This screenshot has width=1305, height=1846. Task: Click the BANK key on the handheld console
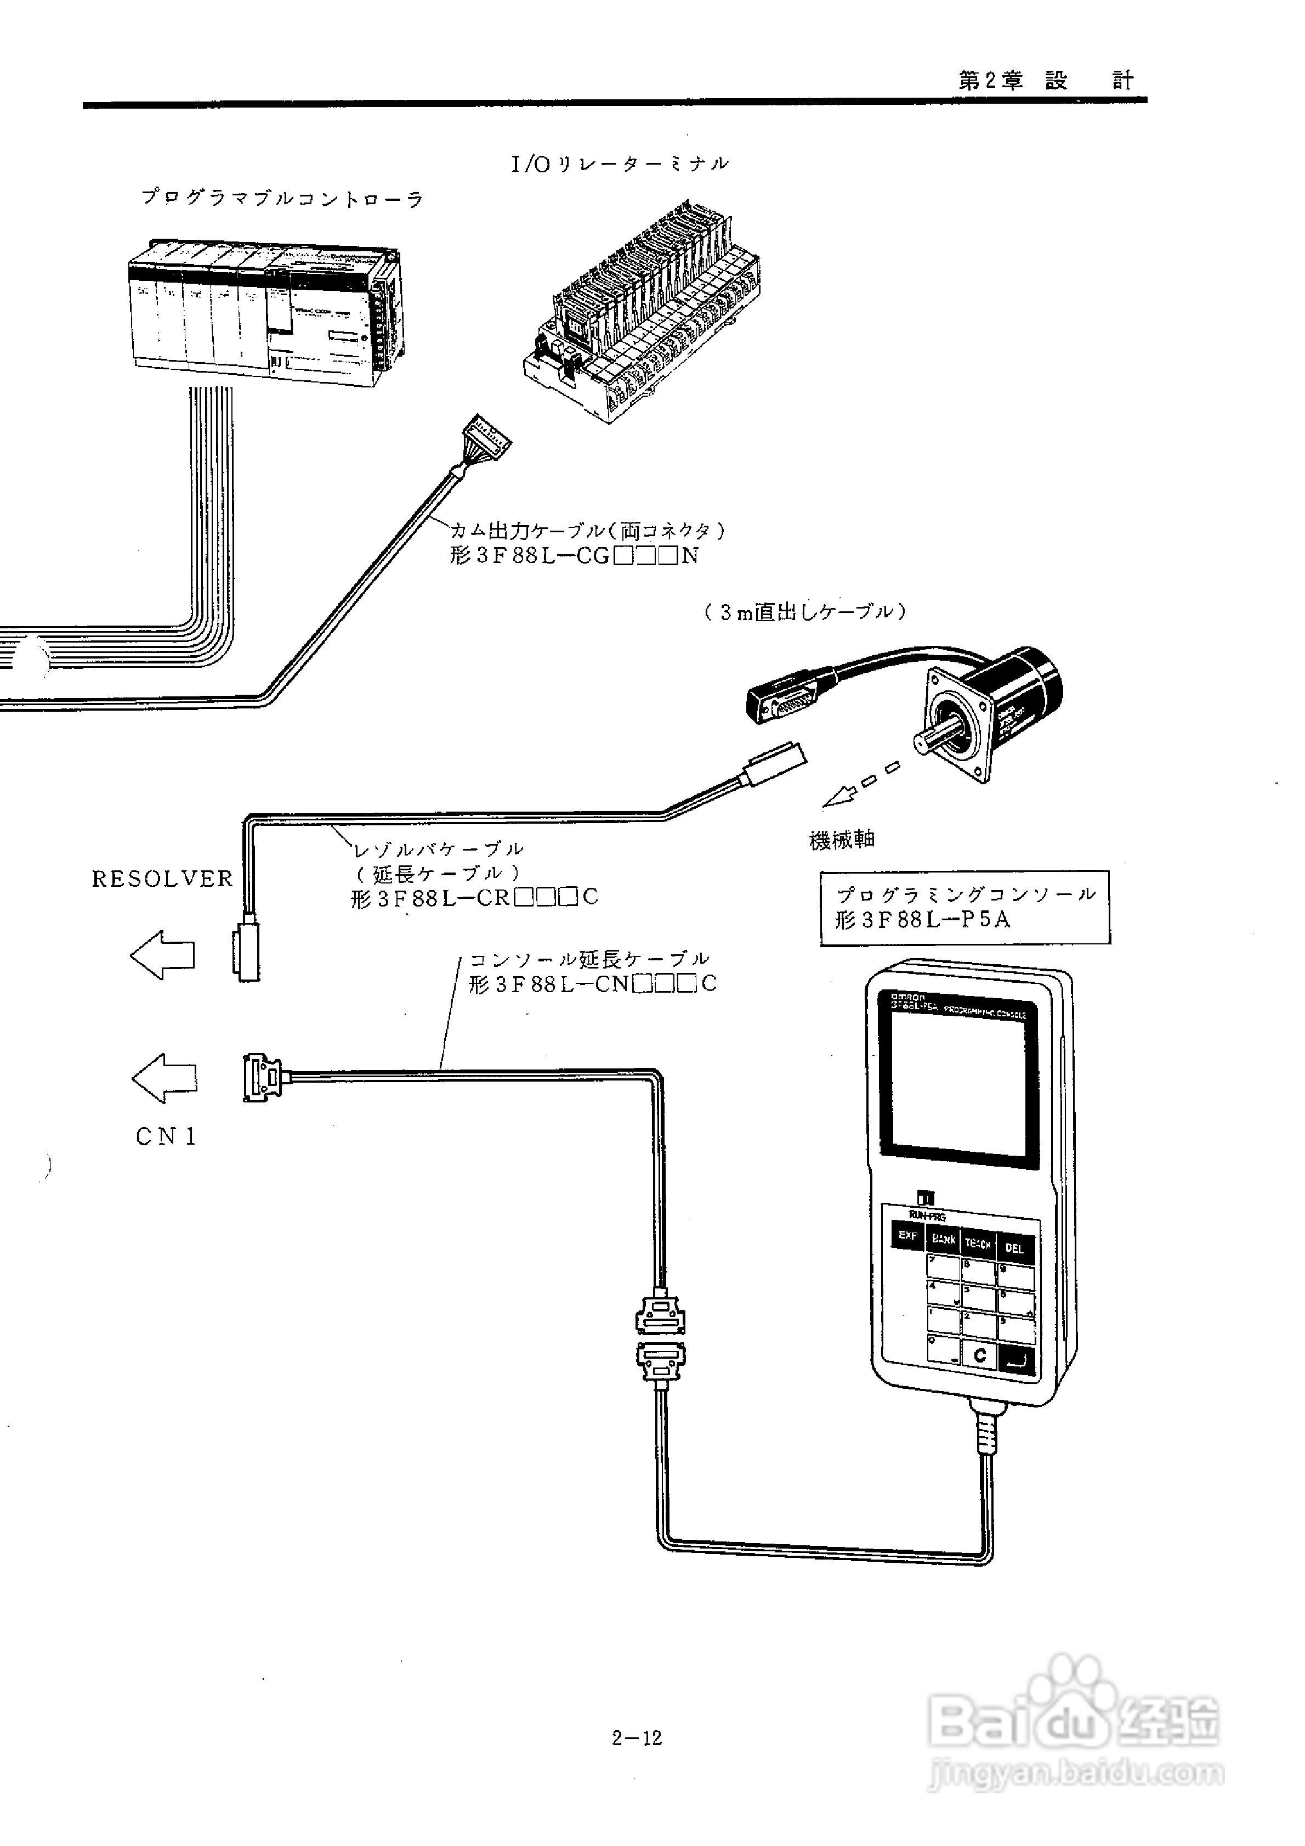click(944, 1239)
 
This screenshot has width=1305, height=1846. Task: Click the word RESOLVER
click(162, 879)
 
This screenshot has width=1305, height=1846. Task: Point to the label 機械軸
click(841, 840)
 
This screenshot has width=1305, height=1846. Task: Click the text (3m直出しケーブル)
click(805, 612)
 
